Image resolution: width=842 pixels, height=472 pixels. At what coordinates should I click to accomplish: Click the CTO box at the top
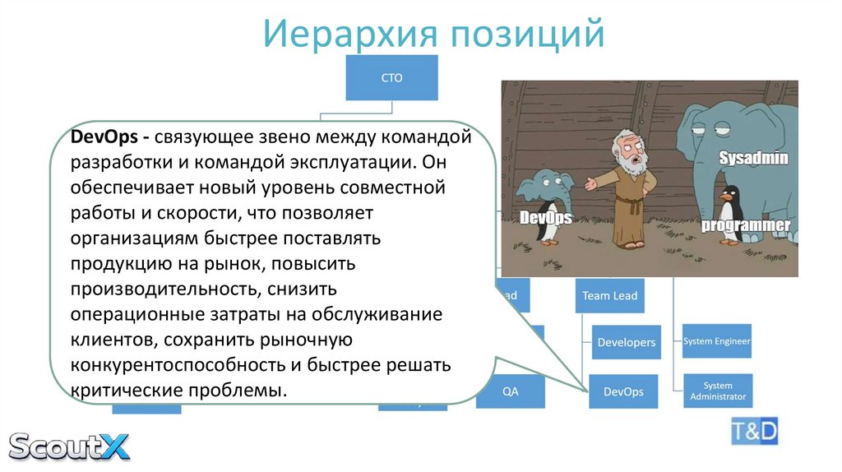[391, 78]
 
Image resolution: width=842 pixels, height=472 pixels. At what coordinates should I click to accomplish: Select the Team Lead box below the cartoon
[609, 296]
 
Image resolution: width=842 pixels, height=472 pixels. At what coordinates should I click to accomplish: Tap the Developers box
[627, 342]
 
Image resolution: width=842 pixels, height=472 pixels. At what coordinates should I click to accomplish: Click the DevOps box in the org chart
[623, 391]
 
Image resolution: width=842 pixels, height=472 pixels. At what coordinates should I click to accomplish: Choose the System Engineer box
[717, 341]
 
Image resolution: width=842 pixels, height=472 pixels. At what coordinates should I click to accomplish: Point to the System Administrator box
[717, 391]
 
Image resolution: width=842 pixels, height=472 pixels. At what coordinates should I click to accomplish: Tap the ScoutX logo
[69, 445]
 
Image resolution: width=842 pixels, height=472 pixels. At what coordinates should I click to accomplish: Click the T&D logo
[754, 431]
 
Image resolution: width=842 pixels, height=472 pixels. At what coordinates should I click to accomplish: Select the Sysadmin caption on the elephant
[753, 158]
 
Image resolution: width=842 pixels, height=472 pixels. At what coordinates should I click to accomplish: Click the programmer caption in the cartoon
[745, 225]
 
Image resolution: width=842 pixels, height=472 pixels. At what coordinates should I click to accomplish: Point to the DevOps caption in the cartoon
[545, 218]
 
